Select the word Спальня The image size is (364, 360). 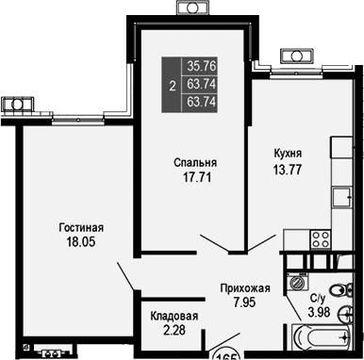click(193, 161)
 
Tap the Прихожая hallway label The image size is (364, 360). click(244, 288)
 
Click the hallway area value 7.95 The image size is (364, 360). click(244, 303)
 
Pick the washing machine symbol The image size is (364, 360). click(299, 281)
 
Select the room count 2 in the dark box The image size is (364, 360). click(171, 85)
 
